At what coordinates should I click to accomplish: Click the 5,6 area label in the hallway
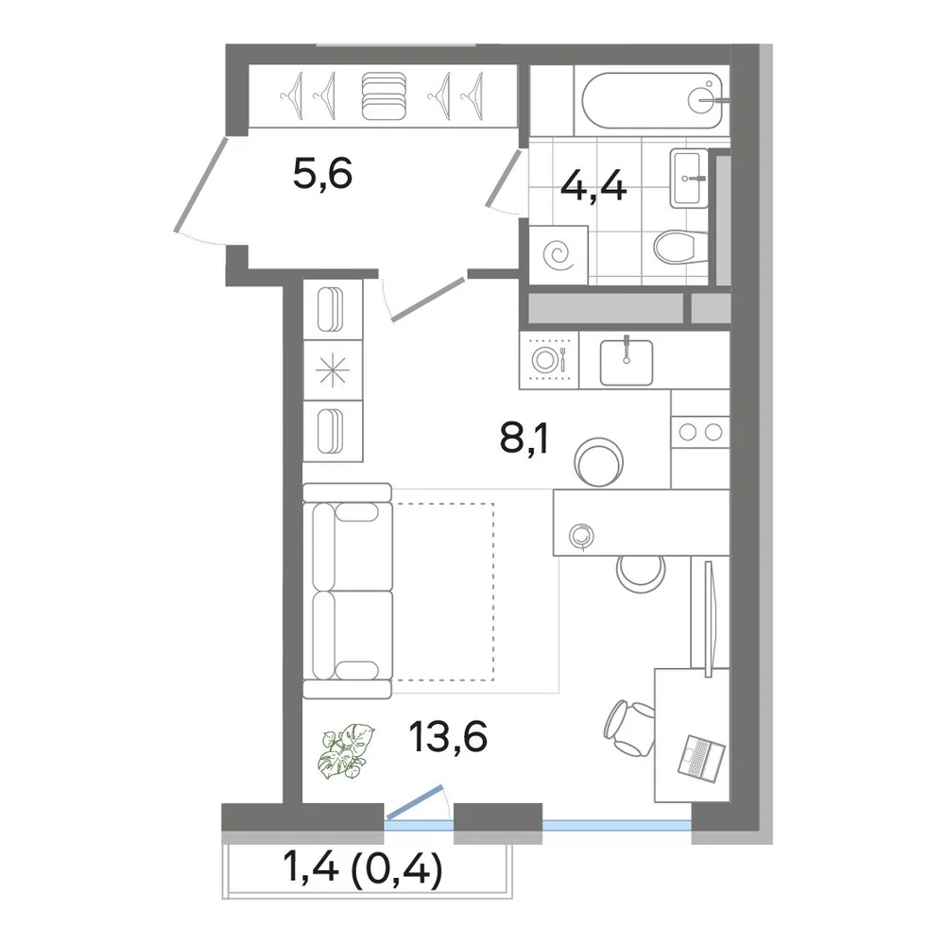(x=322, y=174)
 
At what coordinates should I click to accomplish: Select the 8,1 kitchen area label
(x=524, y=439)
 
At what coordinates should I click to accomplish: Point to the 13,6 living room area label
(x=448, y=736)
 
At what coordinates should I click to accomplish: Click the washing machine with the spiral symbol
(x=558, y=255)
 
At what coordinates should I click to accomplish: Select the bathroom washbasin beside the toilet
(x=689, y=178)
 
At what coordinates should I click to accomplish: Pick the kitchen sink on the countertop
(x=627, y=362)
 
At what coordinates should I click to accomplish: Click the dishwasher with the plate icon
(x=548, y=360)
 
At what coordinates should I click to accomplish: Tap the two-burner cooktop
(x=700, y=432)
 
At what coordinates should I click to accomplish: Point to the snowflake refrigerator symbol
(x=333, y=370)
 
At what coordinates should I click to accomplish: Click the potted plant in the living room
(x=347, y=752)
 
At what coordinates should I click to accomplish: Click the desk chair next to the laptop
(x=629, y=728)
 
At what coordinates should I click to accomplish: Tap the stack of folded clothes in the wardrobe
(x=384, y=95)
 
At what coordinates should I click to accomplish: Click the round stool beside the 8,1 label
(x=598, y=462)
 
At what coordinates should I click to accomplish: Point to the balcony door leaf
(x=415, y=802)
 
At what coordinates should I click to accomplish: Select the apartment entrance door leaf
(x=200, y=184)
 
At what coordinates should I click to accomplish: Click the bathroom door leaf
(x=503, y=179)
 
